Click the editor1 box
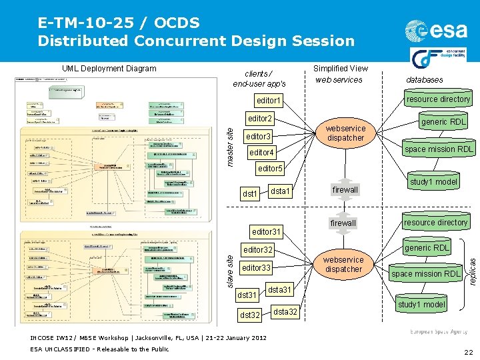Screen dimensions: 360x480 269,101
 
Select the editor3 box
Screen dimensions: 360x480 259,136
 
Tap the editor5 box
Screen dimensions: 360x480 270,168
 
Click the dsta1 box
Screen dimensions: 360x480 280,191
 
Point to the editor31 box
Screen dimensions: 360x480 265,232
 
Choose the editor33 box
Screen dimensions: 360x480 257,268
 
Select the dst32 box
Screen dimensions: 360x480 250,315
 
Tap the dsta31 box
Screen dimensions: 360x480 281,290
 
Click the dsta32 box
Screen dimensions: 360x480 285,312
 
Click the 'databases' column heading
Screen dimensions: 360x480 424,80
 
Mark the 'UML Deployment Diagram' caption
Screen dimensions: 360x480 109,69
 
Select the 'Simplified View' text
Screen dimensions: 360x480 340,68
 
